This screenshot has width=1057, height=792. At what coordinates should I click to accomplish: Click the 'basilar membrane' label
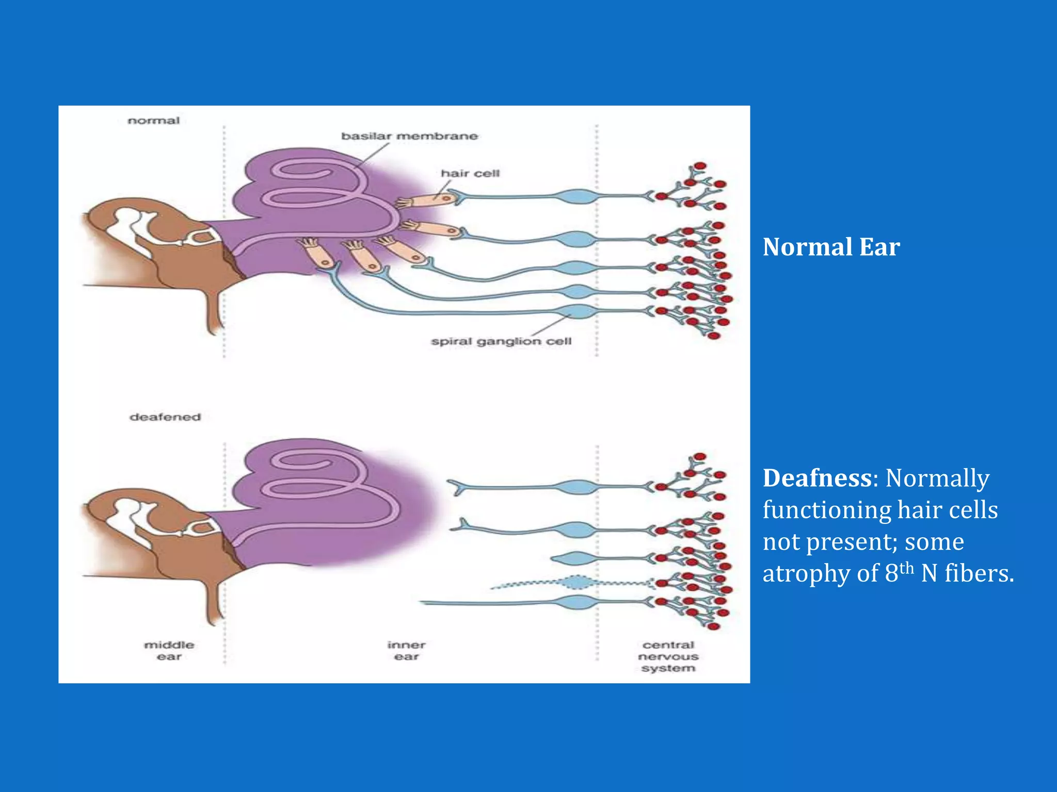[409, 136]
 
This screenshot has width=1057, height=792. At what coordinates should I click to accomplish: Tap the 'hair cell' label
[470, 173]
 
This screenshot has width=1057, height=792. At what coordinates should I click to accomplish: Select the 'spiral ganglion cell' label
[501, 341]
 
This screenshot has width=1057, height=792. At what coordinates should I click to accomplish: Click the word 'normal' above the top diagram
[153, 121]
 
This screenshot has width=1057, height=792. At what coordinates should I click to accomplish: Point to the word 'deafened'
[165, 417]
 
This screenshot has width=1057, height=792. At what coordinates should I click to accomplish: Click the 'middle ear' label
[169, 651]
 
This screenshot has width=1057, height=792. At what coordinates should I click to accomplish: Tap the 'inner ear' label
[407, 651]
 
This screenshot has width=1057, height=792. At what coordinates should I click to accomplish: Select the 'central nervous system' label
[668, 656]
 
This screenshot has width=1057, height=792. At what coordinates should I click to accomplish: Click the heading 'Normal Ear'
[831, 247]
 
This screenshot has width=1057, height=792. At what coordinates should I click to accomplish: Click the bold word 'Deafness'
[817, 478]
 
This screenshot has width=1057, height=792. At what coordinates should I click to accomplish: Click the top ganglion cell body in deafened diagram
[578, 487]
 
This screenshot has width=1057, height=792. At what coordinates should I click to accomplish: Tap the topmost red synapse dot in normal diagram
[700, 166]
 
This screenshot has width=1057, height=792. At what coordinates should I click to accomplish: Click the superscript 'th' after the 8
[906, 568]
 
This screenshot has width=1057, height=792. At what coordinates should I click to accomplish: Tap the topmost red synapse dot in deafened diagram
[700, 457]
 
